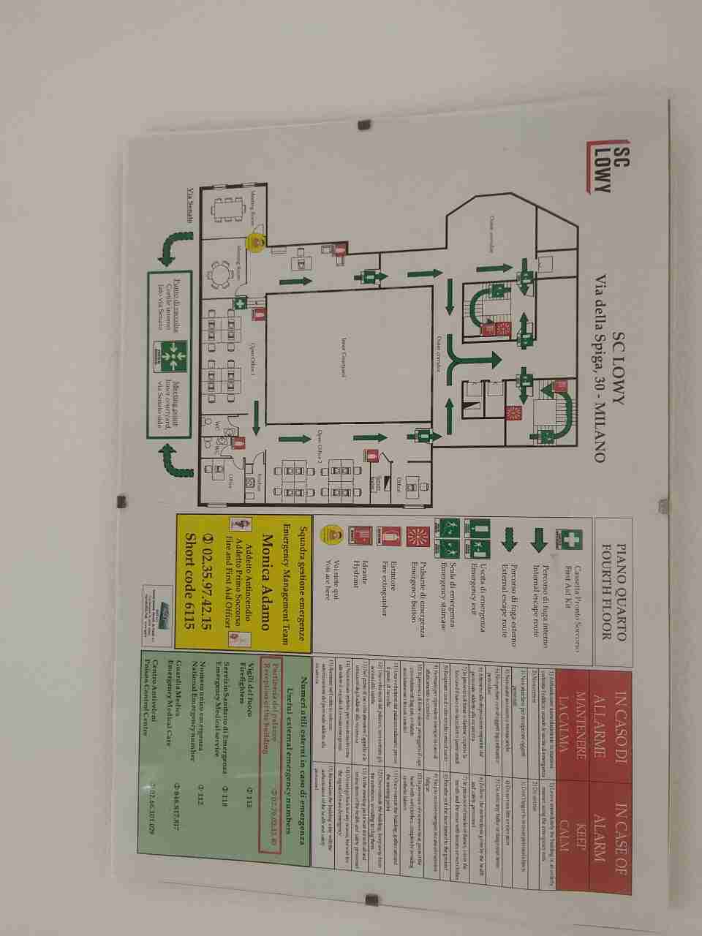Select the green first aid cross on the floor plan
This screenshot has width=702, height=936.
(x=239, y=303)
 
